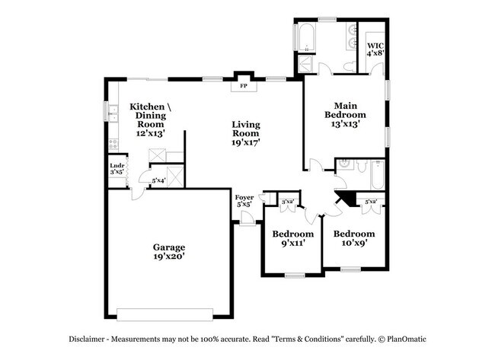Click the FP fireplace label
click(244, 86)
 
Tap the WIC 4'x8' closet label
click(375, 49)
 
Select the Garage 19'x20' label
click(169, 252)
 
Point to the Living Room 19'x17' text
click(246, 133)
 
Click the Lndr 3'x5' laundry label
click(117, 169)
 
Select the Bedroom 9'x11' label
click(293, 238)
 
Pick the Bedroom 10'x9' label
click(354, 238)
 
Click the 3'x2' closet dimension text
click(289, 201)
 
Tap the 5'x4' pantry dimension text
click(158, 180)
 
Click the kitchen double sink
click(112, 115)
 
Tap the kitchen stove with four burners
click(112, 143)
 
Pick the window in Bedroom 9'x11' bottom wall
click(294, 275)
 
